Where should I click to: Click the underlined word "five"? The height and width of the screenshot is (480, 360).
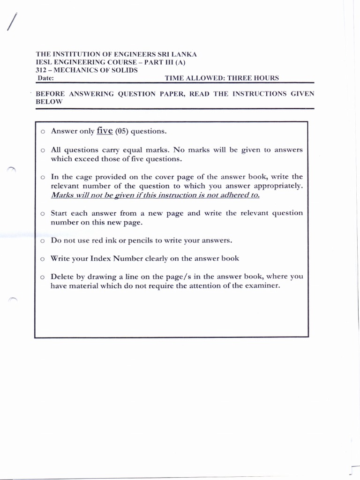click(105, 131)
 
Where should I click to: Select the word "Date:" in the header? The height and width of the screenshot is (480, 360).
click(45, 78)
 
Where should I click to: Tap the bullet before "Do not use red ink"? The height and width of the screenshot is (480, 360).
click(42, 241)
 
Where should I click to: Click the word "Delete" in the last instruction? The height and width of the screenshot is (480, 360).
click(62, 277)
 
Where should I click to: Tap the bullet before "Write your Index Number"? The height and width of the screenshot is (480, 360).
click(42, 259)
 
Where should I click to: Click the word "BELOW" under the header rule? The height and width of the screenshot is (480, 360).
click(49, 102)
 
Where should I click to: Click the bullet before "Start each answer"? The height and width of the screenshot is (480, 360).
click(42, 214)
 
